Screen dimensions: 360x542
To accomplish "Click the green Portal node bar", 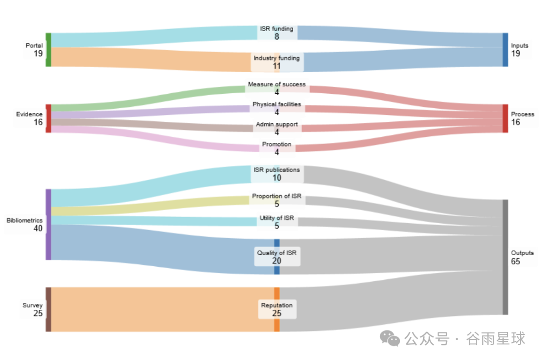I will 49,50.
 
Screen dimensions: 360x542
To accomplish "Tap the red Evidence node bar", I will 49,118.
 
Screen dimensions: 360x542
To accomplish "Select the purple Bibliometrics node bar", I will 49,224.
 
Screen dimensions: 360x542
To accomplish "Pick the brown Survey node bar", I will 49,309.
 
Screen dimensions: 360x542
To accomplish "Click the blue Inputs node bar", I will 505,50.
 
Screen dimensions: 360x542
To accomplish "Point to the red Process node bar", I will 505,118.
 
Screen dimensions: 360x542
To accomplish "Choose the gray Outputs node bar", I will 505,257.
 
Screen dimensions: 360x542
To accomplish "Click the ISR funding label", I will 277,29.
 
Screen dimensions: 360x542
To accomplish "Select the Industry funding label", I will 277,58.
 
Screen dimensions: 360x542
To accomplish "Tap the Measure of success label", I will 277,84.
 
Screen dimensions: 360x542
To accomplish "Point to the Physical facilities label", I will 277,104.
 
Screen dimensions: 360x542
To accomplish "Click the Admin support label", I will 277,124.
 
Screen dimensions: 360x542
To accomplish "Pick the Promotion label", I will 277,144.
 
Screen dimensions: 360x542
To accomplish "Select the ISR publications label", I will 277,169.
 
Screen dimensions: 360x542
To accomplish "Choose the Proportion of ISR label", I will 277,196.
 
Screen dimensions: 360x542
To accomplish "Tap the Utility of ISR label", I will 277,218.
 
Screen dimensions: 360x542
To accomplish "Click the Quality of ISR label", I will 277,253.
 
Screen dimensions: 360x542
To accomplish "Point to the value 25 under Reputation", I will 277,313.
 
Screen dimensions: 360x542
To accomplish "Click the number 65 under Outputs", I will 515,261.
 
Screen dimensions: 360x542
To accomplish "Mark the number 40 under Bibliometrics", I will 38,229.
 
